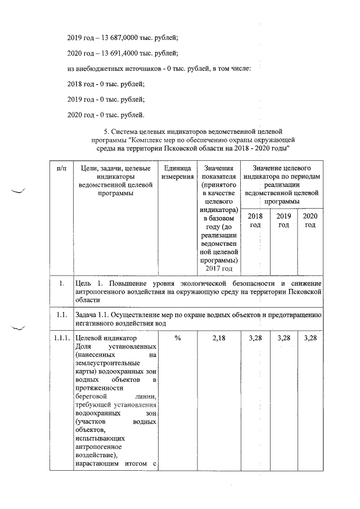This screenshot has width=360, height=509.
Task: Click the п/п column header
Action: pyautogui.click(x=61, y=168)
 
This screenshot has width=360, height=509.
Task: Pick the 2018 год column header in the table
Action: pyautogui.click(x=255, y=220)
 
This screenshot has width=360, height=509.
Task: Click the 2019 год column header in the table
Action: pyautogui.click(x=283, y=220)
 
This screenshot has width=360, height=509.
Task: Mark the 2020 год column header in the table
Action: pyautogui.click(x=310, y=220)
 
